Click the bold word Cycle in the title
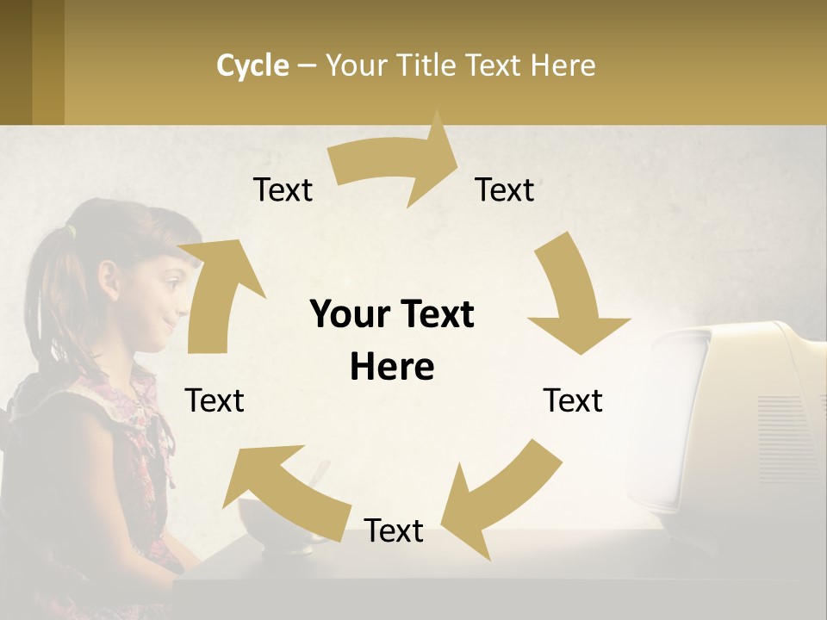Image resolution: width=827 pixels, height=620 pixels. click(x=252, y=65)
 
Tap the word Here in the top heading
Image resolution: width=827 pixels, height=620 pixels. click(x=563, y=65)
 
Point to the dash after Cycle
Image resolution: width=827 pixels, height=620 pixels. click(x=307, y=66)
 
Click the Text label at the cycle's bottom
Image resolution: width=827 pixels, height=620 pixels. click(x=394, y=530)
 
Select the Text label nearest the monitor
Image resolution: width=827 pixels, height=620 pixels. click(x=573, y=400)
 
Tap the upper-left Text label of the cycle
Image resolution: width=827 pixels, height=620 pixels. click(x=283, y=189)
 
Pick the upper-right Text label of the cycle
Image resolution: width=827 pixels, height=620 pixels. click(x=505, y=189)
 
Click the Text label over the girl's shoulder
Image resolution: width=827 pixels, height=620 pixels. click(x=215, y=400)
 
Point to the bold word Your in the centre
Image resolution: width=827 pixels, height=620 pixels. click(x=350, y=315)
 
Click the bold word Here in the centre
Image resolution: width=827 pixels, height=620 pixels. click(x=392, y=367)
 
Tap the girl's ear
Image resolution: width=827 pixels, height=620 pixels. click(x=109, y=278)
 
